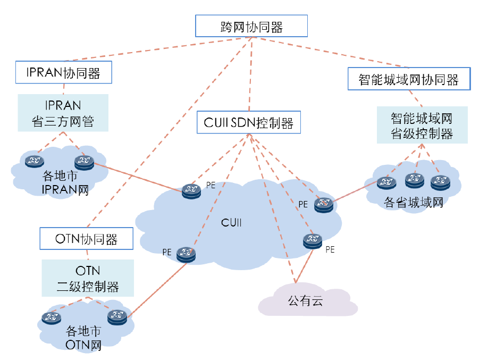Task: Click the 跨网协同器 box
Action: pos(251,26)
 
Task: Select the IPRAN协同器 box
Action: pos(64,72)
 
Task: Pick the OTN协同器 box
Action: pos(86,238)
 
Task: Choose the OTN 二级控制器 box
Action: pos(88,279)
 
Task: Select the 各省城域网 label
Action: pos(414,202)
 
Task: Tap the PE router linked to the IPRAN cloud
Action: pos(190,191)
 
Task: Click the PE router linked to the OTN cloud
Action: pos(186,254)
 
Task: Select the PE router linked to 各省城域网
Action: pos(323,204)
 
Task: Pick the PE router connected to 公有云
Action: pos(313,241)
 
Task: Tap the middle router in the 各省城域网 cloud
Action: pos(415,180)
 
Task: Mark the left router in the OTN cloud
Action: pos(52,318)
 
